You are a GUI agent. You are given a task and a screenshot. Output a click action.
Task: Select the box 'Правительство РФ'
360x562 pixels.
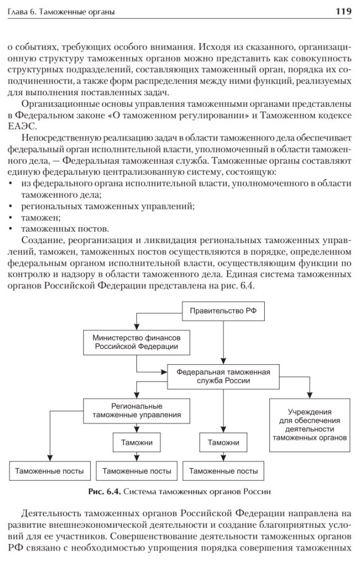(x=223, y=312)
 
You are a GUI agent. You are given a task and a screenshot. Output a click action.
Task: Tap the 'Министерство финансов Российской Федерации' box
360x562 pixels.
(x=136, y=342)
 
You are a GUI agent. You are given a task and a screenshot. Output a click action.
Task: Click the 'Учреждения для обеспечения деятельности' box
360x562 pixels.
(x=311, y=425)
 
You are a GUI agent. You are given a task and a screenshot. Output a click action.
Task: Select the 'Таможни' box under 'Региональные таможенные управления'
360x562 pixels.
(x=136, y=443)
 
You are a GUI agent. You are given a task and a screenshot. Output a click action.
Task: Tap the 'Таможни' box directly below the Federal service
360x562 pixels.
(x=223, y=443)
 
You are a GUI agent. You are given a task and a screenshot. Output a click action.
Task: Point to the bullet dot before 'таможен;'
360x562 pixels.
(x=12, y=217)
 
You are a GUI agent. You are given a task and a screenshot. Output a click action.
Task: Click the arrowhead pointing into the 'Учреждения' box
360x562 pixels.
(x=311, y=395)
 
